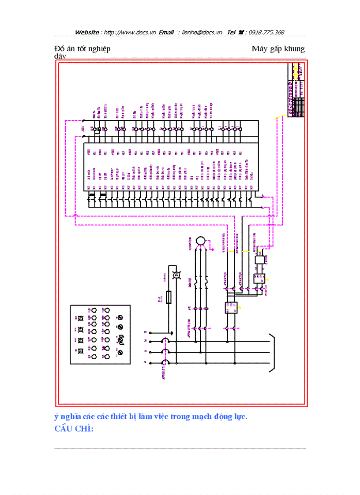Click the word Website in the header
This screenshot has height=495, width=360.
click(87, 32)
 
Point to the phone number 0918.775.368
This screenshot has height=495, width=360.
click(266, 32)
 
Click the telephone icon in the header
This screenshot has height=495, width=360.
click(241, 32)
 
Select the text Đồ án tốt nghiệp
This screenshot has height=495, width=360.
click(82, 48)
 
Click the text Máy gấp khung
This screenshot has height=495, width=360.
click(278, 48)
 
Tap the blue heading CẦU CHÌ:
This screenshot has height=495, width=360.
click(74, 429)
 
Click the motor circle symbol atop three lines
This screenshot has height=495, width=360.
click(200, 241)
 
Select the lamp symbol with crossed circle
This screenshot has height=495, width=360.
click(175, 275)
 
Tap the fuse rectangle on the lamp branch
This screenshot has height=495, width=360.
click(168, 296)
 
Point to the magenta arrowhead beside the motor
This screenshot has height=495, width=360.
click(213, 250)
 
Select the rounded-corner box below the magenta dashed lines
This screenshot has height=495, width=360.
click(259, 260)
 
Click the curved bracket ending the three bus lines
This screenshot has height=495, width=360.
click(272, 351)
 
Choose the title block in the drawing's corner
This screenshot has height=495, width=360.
click(296, 90)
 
